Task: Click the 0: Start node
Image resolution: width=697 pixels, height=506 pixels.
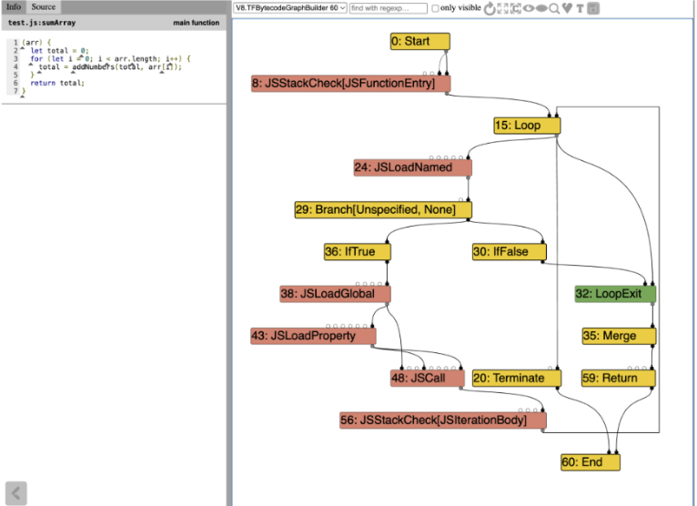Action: (x=420, y=41)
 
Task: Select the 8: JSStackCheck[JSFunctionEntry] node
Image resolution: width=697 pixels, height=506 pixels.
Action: (x=350, y=84)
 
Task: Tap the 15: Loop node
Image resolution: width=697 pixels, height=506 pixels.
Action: (x=527, y=126)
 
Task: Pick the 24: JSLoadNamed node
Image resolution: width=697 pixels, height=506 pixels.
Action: (x=412, y=167)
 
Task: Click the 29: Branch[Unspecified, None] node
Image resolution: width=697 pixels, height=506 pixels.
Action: (x=383, y=210)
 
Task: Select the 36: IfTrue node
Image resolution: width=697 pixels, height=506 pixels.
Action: (x=358, y=252)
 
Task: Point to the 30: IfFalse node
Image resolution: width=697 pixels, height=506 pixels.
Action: (x=509, y=252)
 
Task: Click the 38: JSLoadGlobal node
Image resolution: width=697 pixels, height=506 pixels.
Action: (x=335, y=294)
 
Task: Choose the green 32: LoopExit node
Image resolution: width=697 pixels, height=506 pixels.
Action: (x=615, y=294)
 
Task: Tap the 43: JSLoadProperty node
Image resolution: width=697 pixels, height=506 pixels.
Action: (x=313, y=336)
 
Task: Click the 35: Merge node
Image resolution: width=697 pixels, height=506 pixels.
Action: (x=619, y=336)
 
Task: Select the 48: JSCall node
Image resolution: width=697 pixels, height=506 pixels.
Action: (x=428, y=378)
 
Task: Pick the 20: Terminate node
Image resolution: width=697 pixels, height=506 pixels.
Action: (x=517, y=378)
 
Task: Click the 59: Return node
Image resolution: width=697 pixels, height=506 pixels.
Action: (x=619, y=378)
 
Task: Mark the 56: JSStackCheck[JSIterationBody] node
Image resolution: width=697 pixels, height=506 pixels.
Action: (x=443, y=420)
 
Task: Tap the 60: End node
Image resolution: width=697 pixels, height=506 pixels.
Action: (x=591, y=462)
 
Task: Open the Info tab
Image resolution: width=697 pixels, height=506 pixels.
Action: (x=14, y=6)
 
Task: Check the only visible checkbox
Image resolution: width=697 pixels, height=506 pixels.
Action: (x=435, y=8)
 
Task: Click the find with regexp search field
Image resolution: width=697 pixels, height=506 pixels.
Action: (x=388, y=8)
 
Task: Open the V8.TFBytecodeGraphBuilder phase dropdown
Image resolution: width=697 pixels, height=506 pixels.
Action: (x=290, y=8)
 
